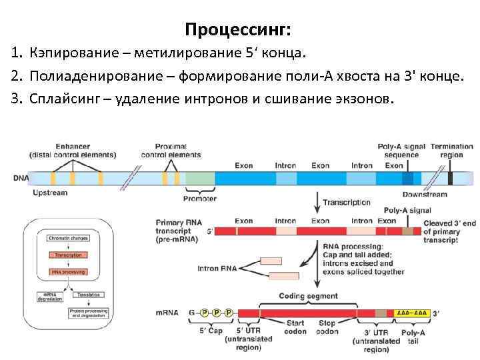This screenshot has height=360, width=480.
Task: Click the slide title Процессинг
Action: point(238,29)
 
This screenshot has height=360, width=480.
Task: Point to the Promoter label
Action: point(199,198)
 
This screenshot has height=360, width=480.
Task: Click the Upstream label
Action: point(50,193)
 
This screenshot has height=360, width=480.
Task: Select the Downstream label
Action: point(425,195)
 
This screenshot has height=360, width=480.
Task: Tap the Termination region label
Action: point(451,151)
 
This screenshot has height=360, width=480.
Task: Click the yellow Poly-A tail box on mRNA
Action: point(411,313)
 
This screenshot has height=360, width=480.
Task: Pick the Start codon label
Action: point(295,327)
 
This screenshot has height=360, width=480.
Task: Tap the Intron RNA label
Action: point(217,269)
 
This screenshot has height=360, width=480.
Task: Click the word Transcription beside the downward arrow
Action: point(346,203)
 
